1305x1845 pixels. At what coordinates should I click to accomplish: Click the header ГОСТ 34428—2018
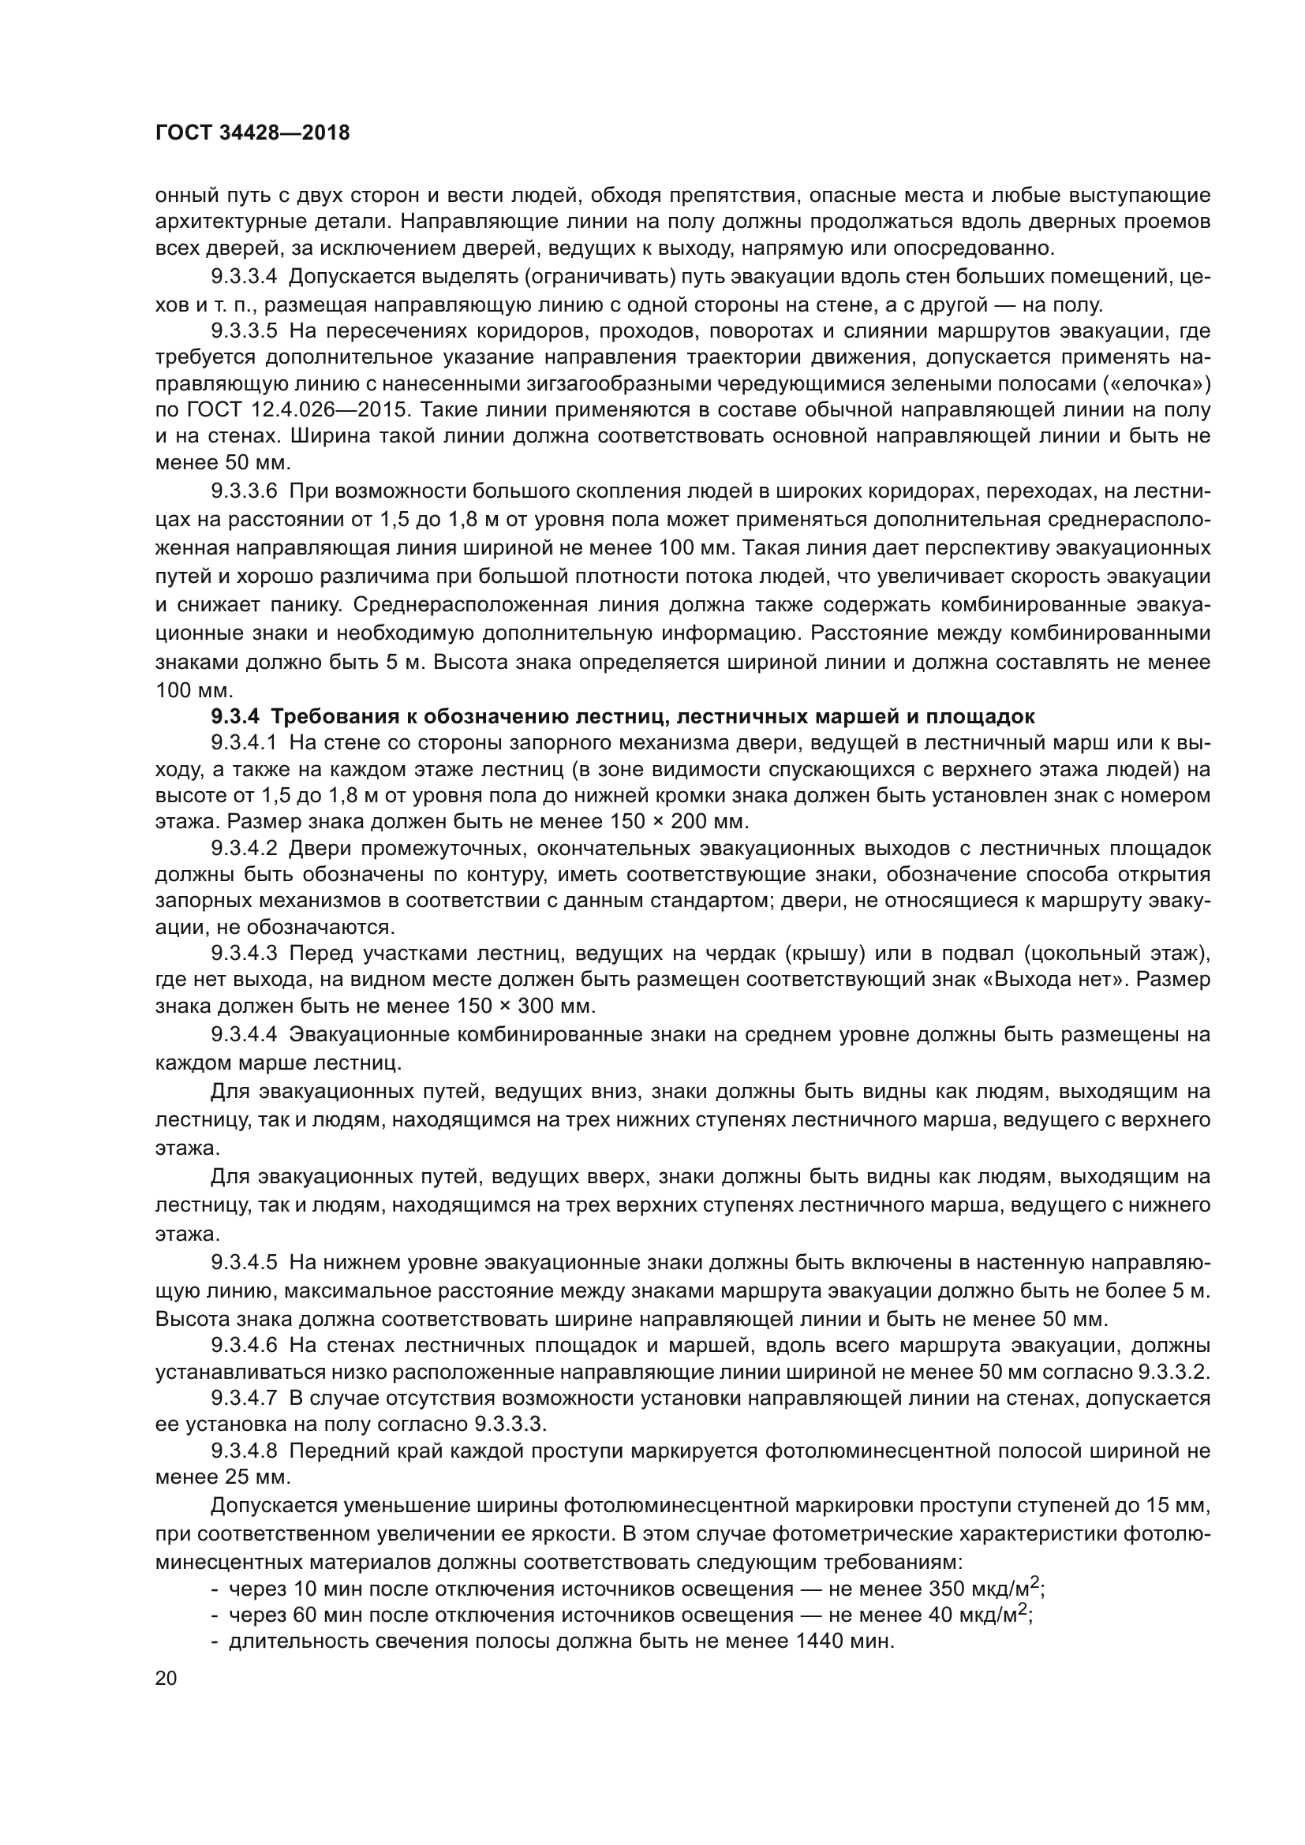pyautogui.click(x=252, y=133)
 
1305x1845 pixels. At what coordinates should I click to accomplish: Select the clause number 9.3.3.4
pyautogui.click(x=245, y=277)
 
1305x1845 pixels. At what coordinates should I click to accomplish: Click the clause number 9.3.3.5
pyautogui.click(x=245, y=331)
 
